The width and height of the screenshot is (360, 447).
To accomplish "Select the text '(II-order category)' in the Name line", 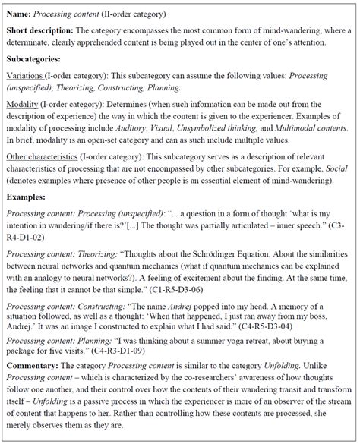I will (x=141, y=14).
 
